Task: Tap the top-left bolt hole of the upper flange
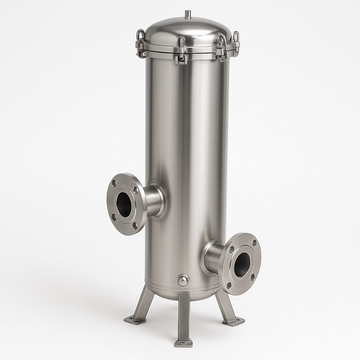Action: click(x=114, y=184)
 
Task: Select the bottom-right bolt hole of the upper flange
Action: click(x=135, y=225)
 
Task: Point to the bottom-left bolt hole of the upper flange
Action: click(x=113, y=217)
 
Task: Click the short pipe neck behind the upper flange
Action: click(x=152, y=201)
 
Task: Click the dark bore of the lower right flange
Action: click(x=241, y=264)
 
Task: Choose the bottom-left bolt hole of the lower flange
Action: click(x=229, y=285)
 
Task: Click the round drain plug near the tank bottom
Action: click(x=183, y=280)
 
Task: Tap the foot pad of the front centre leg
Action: click(x=183, y=343)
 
